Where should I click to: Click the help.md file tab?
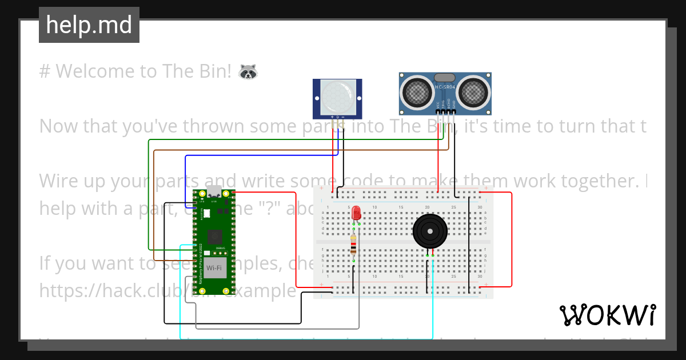click(x=89, y=25)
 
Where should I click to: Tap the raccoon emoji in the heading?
click(x=248, y=71)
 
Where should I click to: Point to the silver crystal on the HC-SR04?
click(x=445, y=77)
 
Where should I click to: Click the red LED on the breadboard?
click(x=356, y=213)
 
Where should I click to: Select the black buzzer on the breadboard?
click(x=430, y=231)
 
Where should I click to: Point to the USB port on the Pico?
click(x=214, y=191)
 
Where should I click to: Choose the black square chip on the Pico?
click(x=215, y=234)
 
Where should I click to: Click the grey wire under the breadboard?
click(x=274, y=328)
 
